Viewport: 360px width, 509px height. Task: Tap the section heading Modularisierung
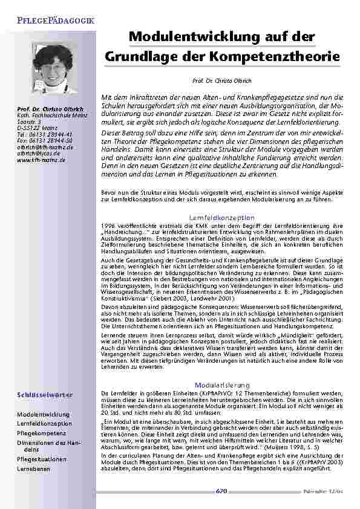(x=222, y=384)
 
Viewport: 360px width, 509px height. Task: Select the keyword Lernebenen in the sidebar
(x=34, y=468)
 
